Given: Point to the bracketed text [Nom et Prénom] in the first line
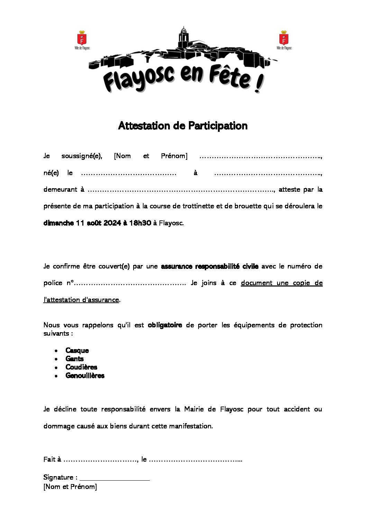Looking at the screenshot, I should click(150, 156).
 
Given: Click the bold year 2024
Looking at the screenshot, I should click(111, 223).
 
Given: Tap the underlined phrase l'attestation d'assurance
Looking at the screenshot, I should click(81, 300).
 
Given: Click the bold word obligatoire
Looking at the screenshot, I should click(165, 325).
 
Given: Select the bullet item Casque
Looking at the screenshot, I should click(77, 351).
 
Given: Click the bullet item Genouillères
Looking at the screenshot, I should click(85, 375).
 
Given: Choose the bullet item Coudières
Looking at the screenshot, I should click(81, 367).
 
